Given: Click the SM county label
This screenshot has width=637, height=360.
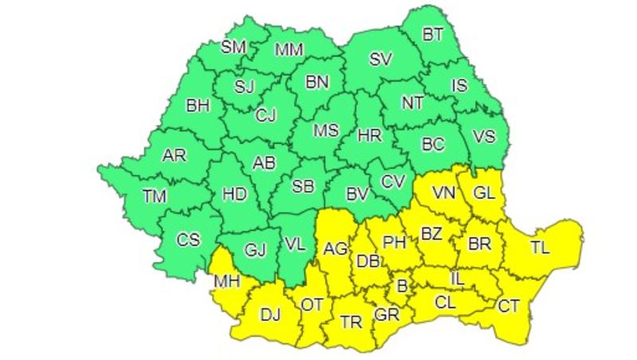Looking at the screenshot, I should coord(233,47).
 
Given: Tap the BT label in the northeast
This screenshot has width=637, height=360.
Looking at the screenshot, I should coord(432,33).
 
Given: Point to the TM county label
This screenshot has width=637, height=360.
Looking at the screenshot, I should coord(155,194).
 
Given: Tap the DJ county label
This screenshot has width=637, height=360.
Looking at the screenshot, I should coord(272,315).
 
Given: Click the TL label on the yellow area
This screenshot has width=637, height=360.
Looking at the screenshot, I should coord(540,248).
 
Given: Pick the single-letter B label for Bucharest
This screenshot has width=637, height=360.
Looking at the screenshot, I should coord(402,284).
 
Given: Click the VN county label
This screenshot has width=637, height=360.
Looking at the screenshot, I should coord(444,192).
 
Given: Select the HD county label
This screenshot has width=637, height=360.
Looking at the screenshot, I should coord(233,194).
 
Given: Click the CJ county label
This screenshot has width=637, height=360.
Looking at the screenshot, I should coord(265,115).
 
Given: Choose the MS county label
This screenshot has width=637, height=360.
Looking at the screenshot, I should coord(325,129).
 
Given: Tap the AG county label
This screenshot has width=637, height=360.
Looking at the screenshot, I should coord(335,249).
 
